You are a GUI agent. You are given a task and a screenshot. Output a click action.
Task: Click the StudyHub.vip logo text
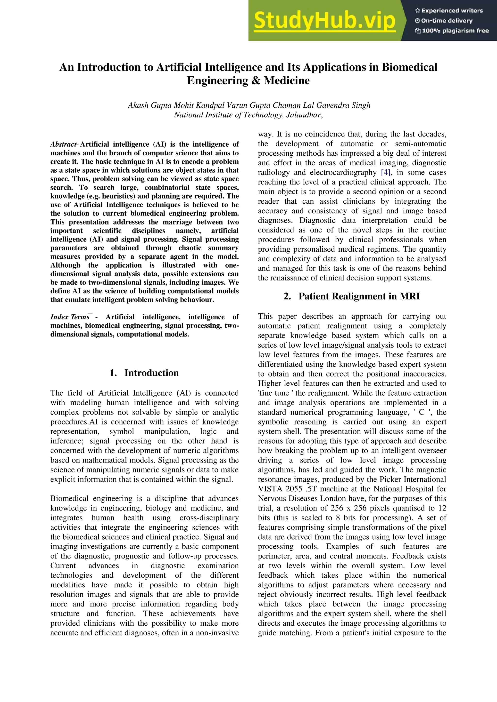pyautogui.click(x=324, y=21)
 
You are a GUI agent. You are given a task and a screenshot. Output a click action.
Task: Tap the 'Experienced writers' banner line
pyautogui.click(x=449, y=11)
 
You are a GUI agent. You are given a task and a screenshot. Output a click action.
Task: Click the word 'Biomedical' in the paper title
pyautogui.click(x=409, y=67)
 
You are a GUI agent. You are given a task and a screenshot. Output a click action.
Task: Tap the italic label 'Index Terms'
pyautogui.click(x=70, y=317)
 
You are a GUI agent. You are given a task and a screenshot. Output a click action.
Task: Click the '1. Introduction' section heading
pyautogui.click(x=144, y=373)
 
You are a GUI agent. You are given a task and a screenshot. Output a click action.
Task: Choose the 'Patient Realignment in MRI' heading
pyautogui.click(x=359, y=296)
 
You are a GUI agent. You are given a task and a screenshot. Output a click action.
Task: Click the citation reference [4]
pyautogui.click(x=386, y=172)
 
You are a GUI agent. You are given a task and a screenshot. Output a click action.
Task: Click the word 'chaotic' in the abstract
pyautogui.click(x=190, y=248)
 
